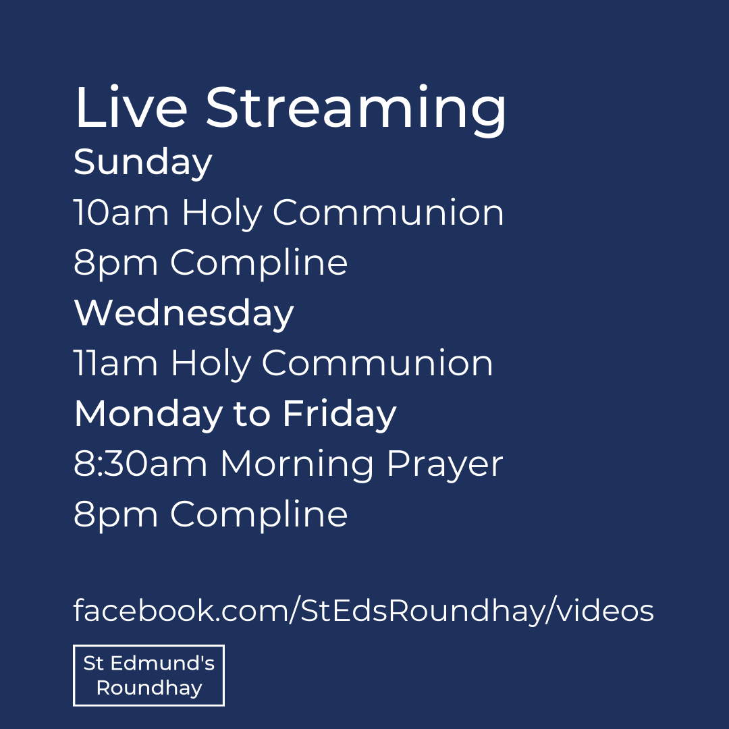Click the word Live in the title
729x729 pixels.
[129, 108]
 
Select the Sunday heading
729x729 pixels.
[142, 163]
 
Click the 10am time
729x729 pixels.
[121, 213]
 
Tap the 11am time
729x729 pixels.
[115, 364]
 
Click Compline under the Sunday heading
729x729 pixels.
[259, 264]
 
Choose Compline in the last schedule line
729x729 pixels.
[259, 516]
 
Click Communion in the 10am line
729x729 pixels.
[388, 213]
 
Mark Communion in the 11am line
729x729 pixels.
[377, 364]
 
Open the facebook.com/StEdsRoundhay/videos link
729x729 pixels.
[363, 612]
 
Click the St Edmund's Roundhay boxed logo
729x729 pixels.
[148, 675]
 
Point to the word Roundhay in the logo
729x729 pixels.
[149, 688]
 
